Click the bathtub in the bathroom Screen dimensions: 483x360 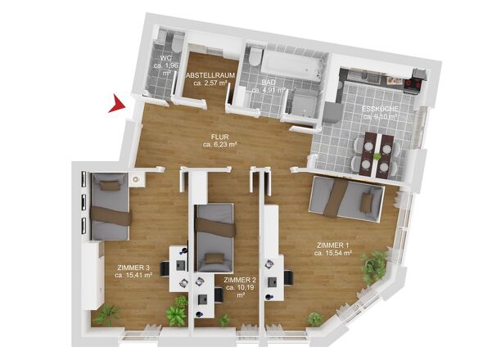click(291, 65)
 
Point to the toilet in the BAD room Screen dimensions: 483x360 click(255, 56)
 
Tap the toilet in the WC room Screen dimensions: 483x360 click(177, 43)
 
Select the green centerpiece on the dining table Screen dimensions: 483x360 click(377, 156)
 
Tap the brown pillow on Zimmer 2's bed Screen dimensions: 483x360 click(214, 259)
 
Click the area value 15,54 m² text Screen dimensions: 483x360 click(333, 253)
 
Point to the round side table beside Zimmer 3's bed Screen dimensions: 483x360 click(136, 179)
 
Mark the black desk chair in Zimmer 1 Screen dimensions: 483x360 click(289, 277)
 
